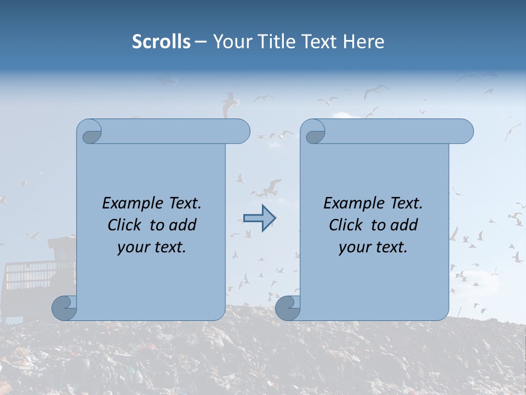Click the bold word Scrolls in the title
pos(161,42)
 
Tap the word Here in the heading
pos(364,42)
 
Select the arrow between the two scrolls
pos(259,218)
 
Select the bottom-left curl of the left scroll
pos(64,308)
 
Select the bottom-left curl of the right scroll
pos(287,308)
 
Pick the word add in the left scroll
pos(183,225)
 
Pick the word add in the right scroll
pos(404,225)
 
